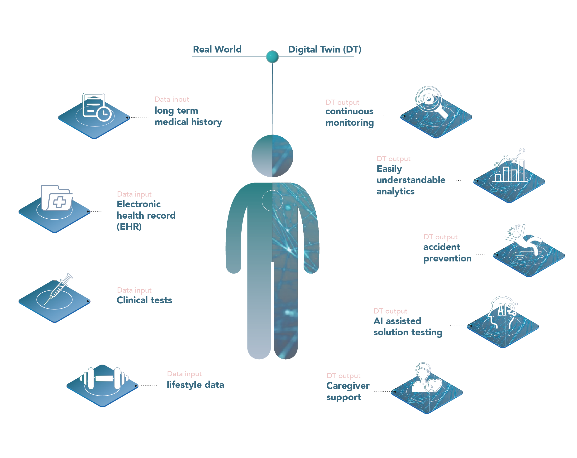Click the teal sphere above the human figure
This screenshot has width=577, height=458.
[272, 57]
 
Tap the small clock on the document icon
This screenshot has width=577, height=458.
[104, 114]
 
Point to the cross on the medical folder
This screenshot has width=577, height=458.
[59, 202]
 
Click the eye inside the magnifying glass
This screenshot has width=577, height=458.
[429, 99]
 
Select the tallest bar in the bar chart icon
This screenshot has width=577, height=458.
[521, 171]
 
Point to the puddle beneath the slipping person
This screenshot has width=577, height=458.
[520, 257]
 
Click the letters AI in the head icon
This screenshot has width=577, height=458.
[503, 310]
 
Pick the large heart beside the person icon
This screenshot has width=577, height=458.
[436, 385]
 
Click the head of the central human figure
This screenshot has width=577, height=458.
[272, 156]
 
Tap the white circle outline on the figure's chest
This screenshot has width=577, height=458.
[272, 201]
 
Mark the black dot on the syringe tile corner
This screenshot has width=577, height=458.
[87, 301]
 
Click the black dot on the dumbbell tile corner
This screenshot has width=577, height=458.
[136, 386]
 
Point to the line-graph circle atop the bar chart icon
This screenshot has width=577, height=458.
[522, 150]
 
